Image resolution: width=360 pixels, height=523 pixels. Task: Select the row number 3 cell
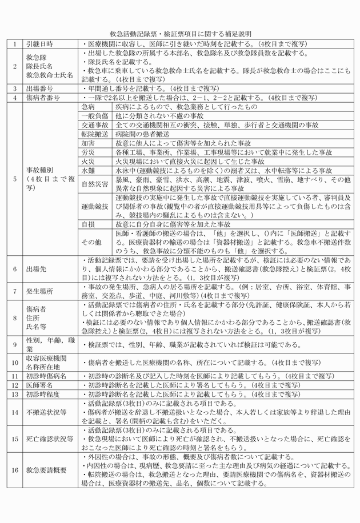14,88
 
